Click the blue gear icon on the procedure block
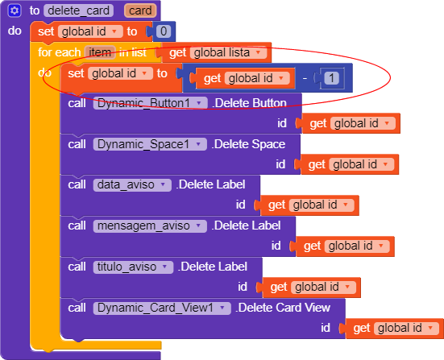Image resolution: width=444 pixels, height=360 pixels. point(15,10)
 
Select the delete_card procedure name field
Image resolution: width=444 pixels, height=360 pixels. point(78,10)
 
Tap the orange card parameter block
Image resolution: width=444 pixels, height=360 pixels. point(140,10)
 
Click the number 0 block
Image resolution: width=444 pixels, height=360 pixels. point(164,31)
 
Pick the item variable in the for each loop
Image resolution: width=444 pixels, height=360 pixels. point(100,52)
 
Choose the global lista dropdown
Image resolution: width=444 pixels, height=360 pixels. point(228,52)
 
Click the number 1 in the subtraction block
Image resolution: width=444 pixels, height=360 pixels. point(331,78)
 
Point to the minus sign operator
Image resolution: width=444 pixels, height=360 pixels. point(305,78)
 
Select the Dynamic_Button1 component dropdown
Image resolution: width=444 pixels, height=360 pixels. point(151,103)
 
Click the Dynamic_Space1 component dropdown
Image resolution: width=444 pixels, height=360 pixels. point(150,144)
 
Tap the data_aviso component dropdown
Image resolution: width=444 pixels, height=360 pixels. point(132,185)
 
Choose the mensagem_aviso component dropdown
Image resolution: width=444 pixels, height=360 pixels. point(150,226)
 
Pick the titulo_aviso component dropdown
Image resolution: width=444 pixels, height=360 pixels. point(133,267)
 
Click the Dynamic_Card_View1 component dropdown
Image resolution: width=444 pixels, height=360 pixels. point(162,308)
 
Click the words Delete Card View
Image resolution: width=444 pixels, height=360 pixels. point(284,308)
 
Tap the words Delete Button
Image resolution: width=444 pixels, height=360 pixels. point(251,103)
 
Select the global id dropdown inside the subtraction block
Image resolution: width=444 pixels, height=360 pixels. point(257,78)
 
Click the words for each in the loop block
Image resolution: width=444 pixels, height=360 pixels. point(59,52)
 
